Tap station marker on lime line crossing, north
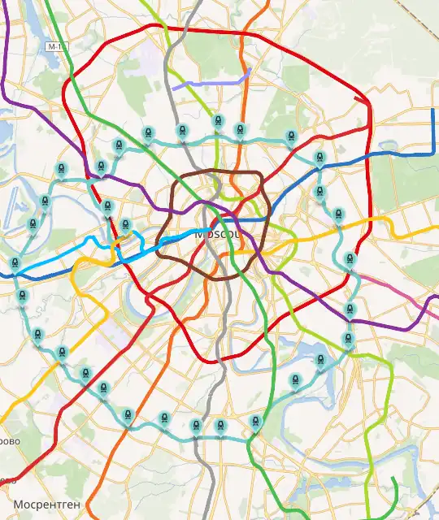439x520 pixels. point(217,123)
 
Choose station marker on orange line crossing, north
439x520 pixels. point(240,130)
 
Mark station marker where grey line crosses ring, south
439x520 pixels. point(219,426)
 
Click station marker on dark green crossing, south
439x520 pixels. point(256,422)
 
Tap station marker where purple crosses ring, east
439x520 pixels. point(350,310)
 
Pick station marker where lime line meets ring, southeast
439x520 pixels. point(350,339)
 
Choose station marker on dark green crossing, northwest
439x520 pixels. point(119,146)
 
